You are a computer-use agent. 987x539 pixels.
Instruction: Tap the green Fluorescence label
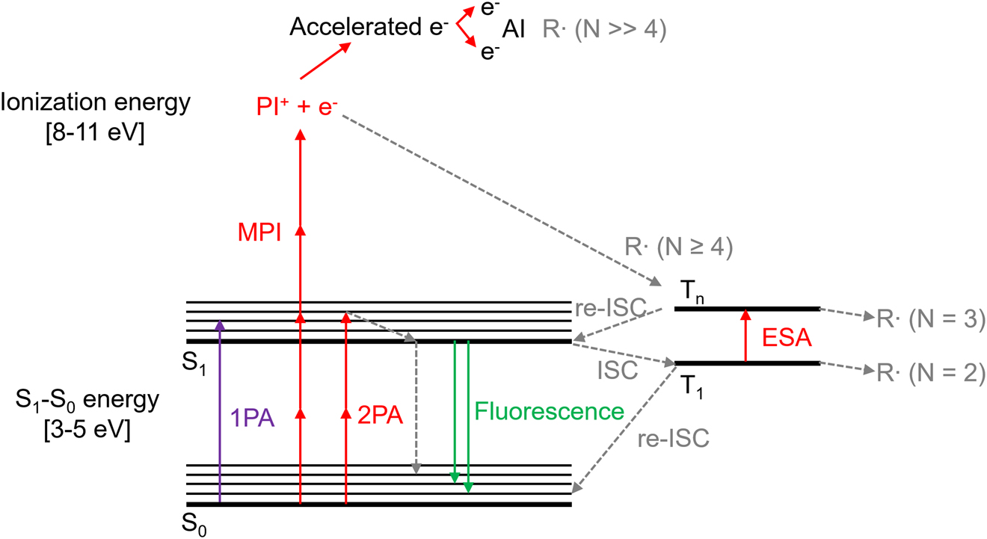(550, 411)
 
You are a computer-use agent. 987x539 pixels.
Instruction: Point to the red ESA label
(787, 338)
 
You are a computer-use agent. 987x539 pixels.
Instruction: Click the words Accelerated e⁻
(369, 28)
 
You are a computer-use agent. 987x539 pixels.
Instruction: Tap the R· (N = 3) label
(932, 319)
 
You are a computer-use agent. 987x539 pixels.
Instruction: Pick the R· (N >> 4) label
(605, 29)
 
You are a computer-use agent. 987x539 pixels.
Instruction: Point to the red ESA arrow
(745, 336)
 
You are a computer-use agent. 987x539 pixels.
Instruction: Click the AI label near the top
(514, 29)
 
